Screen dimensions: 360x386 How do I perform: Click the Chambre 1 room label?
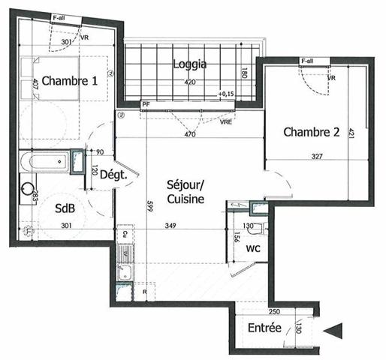click(69, 81)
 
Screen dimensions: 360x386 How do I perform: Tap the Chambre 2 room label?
click(312, 133)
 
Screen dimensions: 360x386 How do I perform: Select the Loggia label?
click(188, 64)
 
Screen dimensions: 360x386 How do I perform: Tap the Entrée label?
click(264, 328)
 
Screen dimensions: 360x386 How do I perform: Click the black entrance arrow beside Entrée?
click(336, 328)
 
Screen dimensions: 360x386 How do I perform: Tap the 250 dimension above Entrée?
click(274, 311)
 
